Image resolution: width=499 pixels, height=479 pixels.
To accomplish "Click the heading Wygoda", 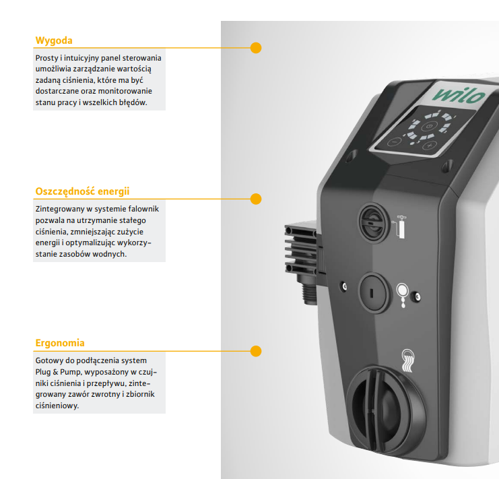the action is (x=54, y=40).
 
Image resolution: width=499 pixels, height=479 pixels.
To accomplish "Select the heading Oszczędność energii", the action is (x=82, y=191).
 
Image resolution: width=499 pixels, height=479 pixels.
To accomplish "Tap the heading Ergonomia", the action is (x=60, y=343).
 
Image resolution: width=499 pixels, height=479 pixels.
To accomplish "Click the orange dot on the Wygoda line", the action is (x=256, y=48).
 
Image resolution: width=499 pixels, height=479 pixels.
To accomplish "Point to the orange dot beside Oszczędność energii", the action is (x=256, y=199).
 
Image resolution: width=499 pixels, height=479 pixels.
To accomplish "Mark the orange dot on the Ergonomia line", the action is (x=256, y=351).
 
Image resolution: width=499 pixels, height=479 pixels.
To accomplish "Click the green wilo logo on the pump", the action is (x=459, y=95).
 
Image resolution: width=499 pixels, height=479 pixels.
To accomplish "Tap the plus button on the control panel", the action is (x=430, y=146).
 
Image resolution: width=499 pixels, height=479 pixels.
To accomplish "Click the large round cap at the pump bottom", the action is (x=386, y=410).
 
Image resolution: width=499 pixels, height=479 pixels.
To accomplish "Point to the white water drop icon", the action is (x=403, y=295).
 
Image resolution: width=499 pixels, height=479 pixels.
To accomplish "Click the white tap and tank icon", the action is (x=400, y=226).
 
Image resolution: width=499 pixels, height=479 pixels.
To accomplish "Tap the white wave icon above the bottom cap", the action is (x=407, y=360).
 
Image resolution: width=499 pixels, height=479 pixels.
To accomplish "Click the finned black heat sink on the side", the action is (x=301, y=249).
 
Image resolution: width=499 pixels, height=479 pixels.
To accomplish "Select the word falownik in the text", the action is (x=143, y=209).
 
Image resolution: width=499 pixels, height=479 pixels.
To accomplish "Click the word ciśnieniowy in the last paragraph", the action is (x=57, y=406).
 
